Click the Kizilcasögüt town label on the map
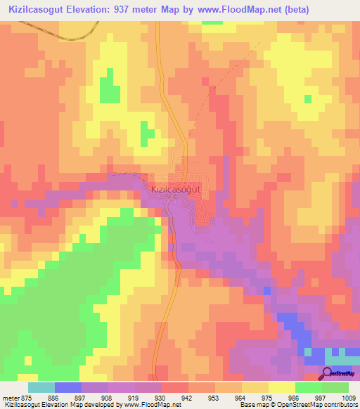pos(176,189)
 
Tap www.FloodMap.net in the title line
pos(219,10)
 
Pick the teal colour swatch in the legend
pos(41,387)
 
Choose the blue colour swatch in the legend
pos(68,387)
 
